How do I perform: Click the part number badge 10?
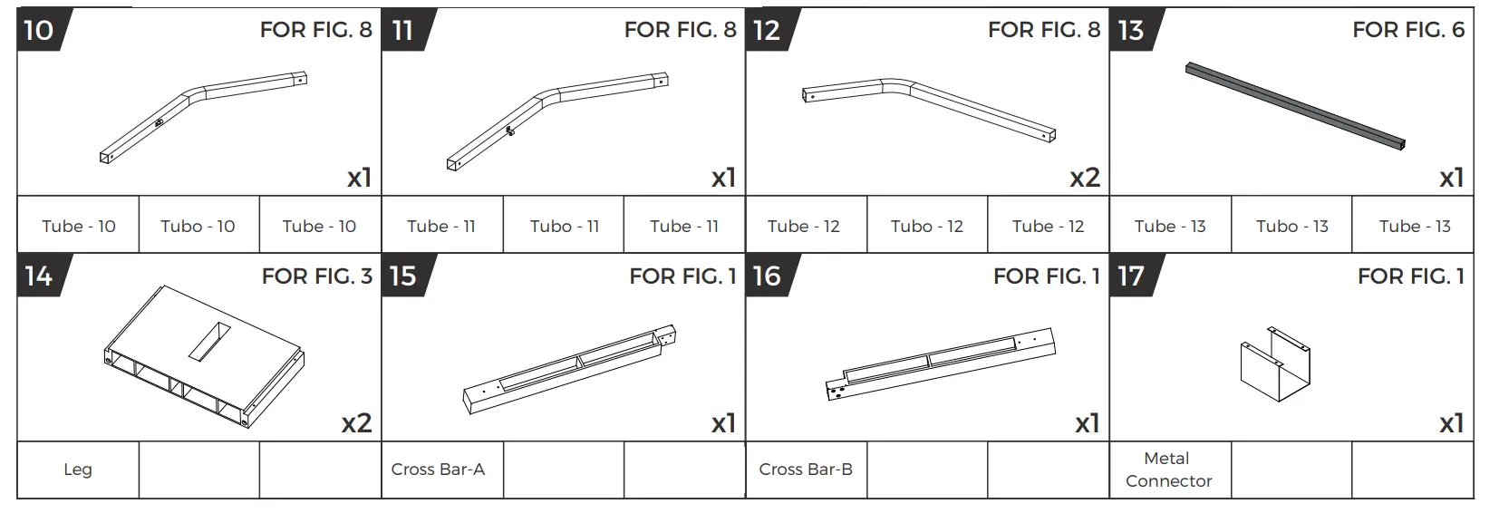coord(38,31)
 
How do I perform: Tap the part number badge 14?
coord(38,276)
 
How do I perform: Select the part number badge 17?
coord(1130,276)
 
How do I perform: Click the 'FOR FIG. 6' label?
coord(1407,30)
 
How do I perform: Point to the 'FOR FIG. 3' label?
coord(316,276)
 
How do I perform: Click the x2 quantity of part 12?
coord(1084,178)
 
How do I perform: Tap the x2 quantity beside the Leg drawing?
coord(356,423)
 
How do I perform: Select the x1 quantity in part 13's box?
coord(1451,178)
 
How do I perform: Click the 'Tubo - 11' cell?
coord(564,227)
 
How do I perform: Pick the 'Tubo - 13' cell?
coord(1291,227)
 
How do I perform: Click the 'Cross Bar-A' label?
coord(438,470)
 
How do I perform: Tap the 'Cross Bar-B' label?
coord(805,470)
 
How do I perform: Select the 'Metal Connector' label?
coord(1168,470)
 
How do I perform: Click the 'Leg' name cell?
coord(78,470)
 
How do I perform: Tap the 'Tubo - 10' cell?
coord(198,227)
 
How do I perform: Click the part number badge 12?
coord(766,31)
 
